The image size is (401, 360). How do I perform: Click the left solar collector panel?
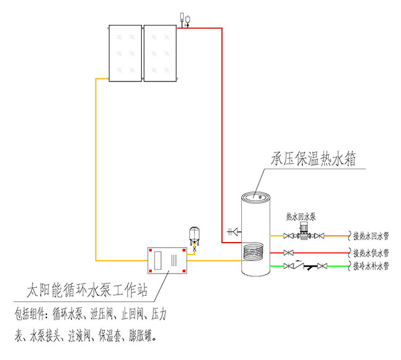pos(125,53)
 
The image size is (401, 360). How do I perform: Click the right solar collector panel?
pos(160,53)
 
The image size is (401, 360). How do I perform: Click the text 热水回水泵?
pos(300,217)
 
